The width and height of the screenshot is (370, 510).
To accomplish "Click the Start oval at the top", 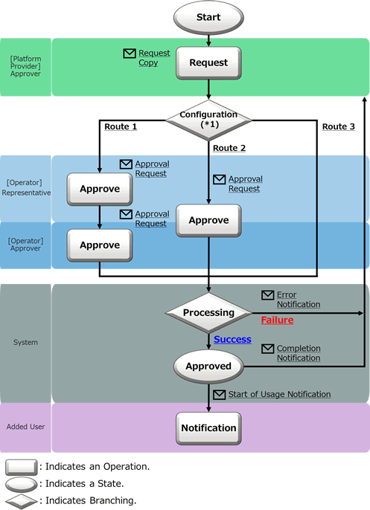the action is [208, 17].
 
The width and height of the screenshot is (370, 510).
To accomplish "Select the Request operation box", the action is [208, 62].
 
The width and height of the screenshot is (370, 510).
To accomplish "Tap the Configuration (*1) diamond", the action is [208, 120].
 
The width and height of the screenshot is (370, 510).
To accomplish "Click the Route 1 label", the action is [121, 126].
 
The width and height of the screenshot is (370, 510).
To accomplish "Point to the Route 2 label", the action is [229, 148].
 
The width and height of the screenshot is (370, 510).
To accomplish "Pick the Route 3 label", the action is [339, 126].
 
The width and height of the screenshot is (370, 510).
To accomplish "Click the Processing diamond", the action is [208, 313].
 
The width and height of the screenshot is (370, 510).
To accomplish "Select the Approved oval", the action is [208, 367].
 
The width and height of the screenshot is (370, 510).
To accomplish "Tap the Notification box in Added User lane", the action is [208, 428].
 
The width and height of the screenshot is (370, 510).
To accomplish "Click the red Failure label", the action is [277, 320].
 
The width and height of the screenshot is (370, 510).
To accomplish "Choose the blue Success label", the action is [232, 339].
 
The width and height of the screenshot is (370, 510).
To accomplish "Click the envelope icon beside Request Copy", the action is [130, 54].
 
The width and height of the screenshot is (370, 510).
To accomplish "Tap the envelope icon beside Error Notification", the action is [268, 295].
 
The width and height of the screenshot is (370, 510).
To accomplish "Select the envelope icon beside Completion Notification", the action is [268, 349].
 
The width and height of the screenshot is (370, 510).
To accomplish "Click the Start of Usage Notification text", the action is [279, 394].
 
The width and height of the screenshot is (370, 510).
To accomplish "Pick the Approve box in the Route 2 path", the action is [208, 221].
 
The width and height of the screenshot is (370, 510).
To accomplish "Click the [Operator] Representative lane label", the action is [26, 187].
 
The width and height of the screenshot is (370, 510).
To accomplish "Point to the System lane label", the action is [25, 342].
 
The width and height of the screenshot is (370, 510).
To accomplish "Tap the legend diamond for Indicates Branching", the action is [21, 501].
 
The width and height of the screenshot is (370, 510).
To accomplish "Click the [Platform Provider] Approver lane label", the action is [25, 66].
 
